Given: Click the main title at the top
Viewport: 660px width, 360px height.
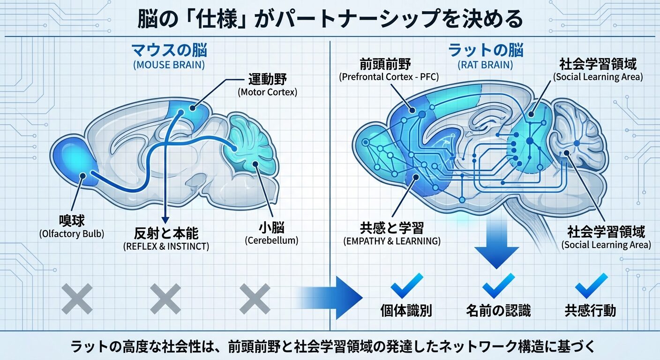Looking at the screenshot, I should click(330, 19).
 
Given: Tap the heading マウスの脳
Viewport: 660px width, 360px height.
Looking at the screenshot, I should click(169, 50).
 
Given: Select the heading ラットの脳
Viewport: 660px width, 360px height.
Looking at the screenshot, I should click(486, 50).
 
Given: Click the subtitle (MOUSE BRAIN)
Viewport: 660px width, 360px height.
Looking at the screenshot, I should click(169, 65).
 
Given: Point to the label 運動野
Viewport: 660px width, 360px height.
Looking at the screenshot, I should click(267, 78).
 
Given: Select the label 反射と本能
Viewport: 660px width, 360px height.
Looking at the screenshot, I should click(165, 232).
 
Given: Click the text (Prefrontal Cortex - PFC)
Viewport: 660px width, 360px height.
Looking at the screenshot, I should click(389, 76).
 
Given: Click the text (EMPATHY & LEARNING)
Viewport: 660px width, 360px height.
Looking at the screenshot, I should click(391, 242).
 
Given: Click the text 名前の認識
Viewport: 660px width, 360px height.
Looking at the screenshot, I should click(498, 310).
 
